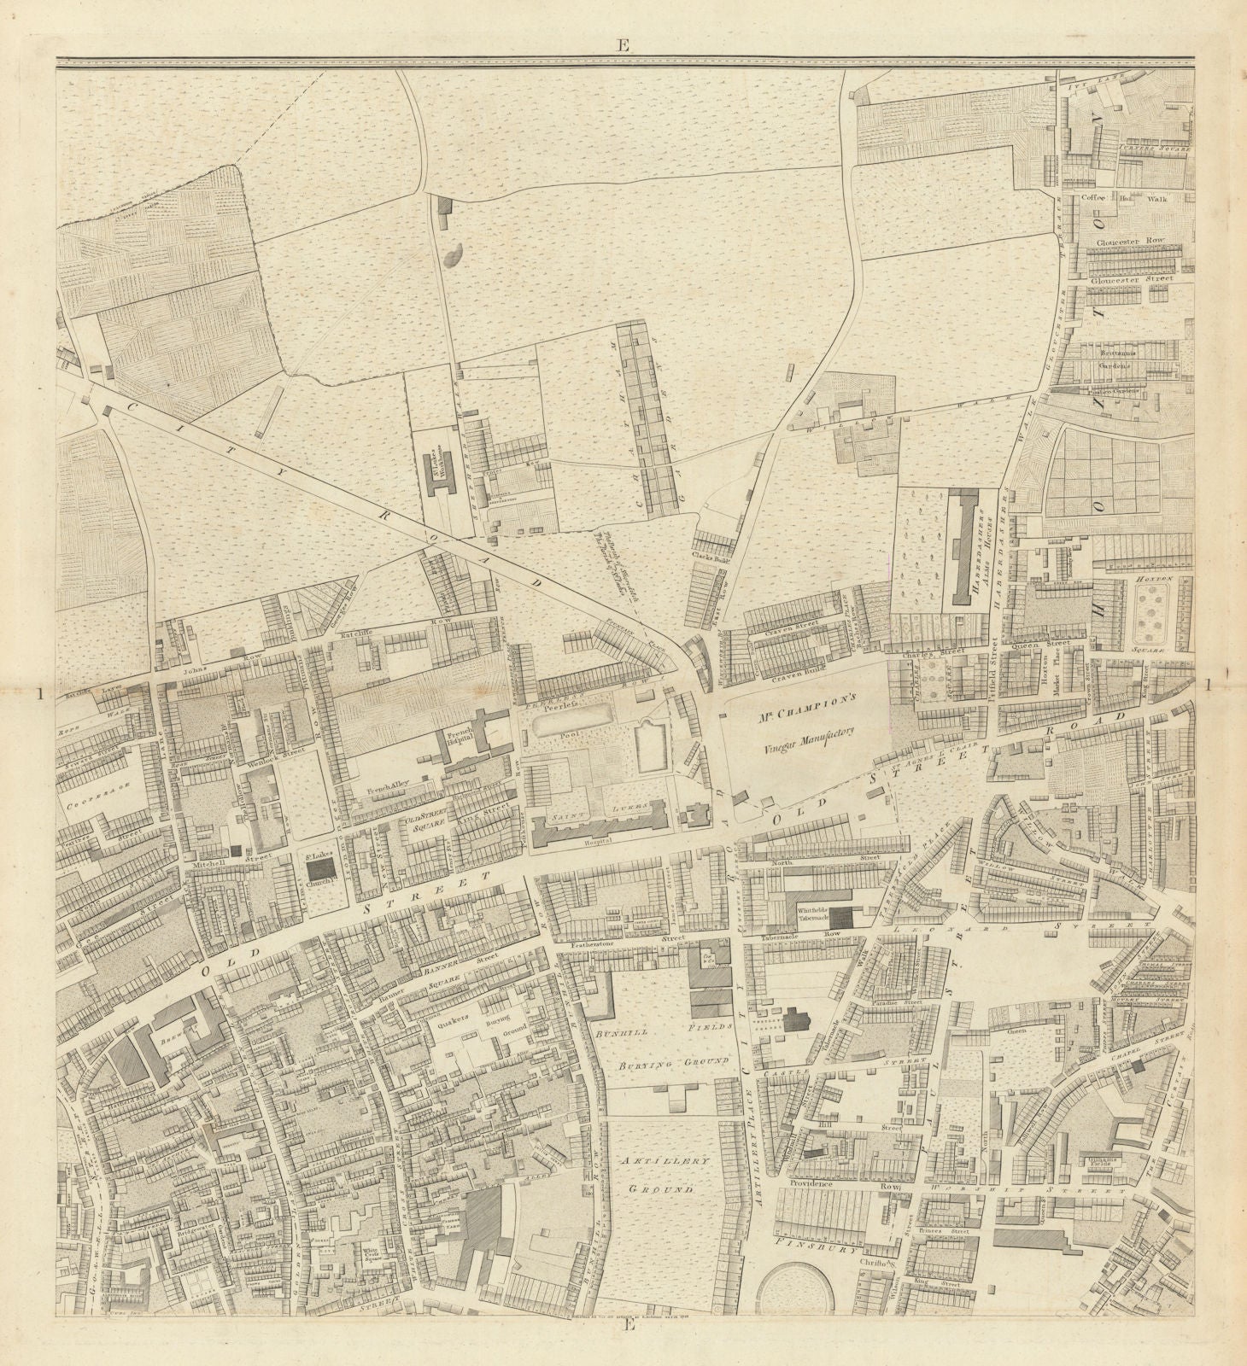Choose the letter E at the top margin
point(623,48)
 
